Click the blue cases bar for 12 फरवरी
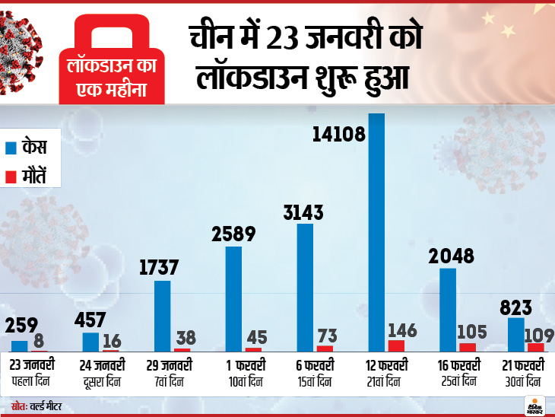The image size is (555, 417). pos(376,232)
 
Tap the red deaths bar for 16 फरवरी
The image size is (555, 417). pos(468,347)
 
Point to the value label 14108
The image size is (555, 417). pos(339,135)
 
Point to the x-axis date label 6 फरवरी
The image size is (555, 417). pos(312,364)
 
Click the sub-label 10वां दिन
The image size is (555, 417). pos(243,380)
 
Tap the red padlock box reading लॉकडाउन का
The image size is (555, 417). pos(113,65)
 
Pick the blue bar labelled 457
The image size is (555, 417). pos(91,342)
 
